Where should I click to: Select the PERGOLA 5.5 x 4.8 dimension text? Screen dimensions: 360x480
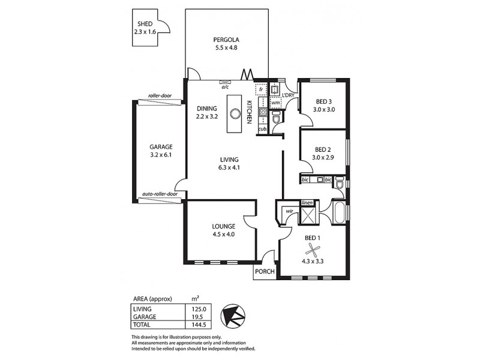coord(226,48)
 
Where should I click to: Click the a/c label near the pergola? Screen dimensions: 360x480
coord(226,87)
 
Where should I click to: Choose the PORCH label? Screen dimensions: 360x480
coord(265,272)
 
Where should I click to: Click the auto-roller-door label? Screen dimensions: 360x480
coord(160,194)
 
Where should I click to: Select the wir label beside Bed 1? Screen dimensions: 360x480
coord(288,211)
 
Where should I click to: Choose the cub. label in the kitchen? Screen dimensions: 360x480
coord(262,128)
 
